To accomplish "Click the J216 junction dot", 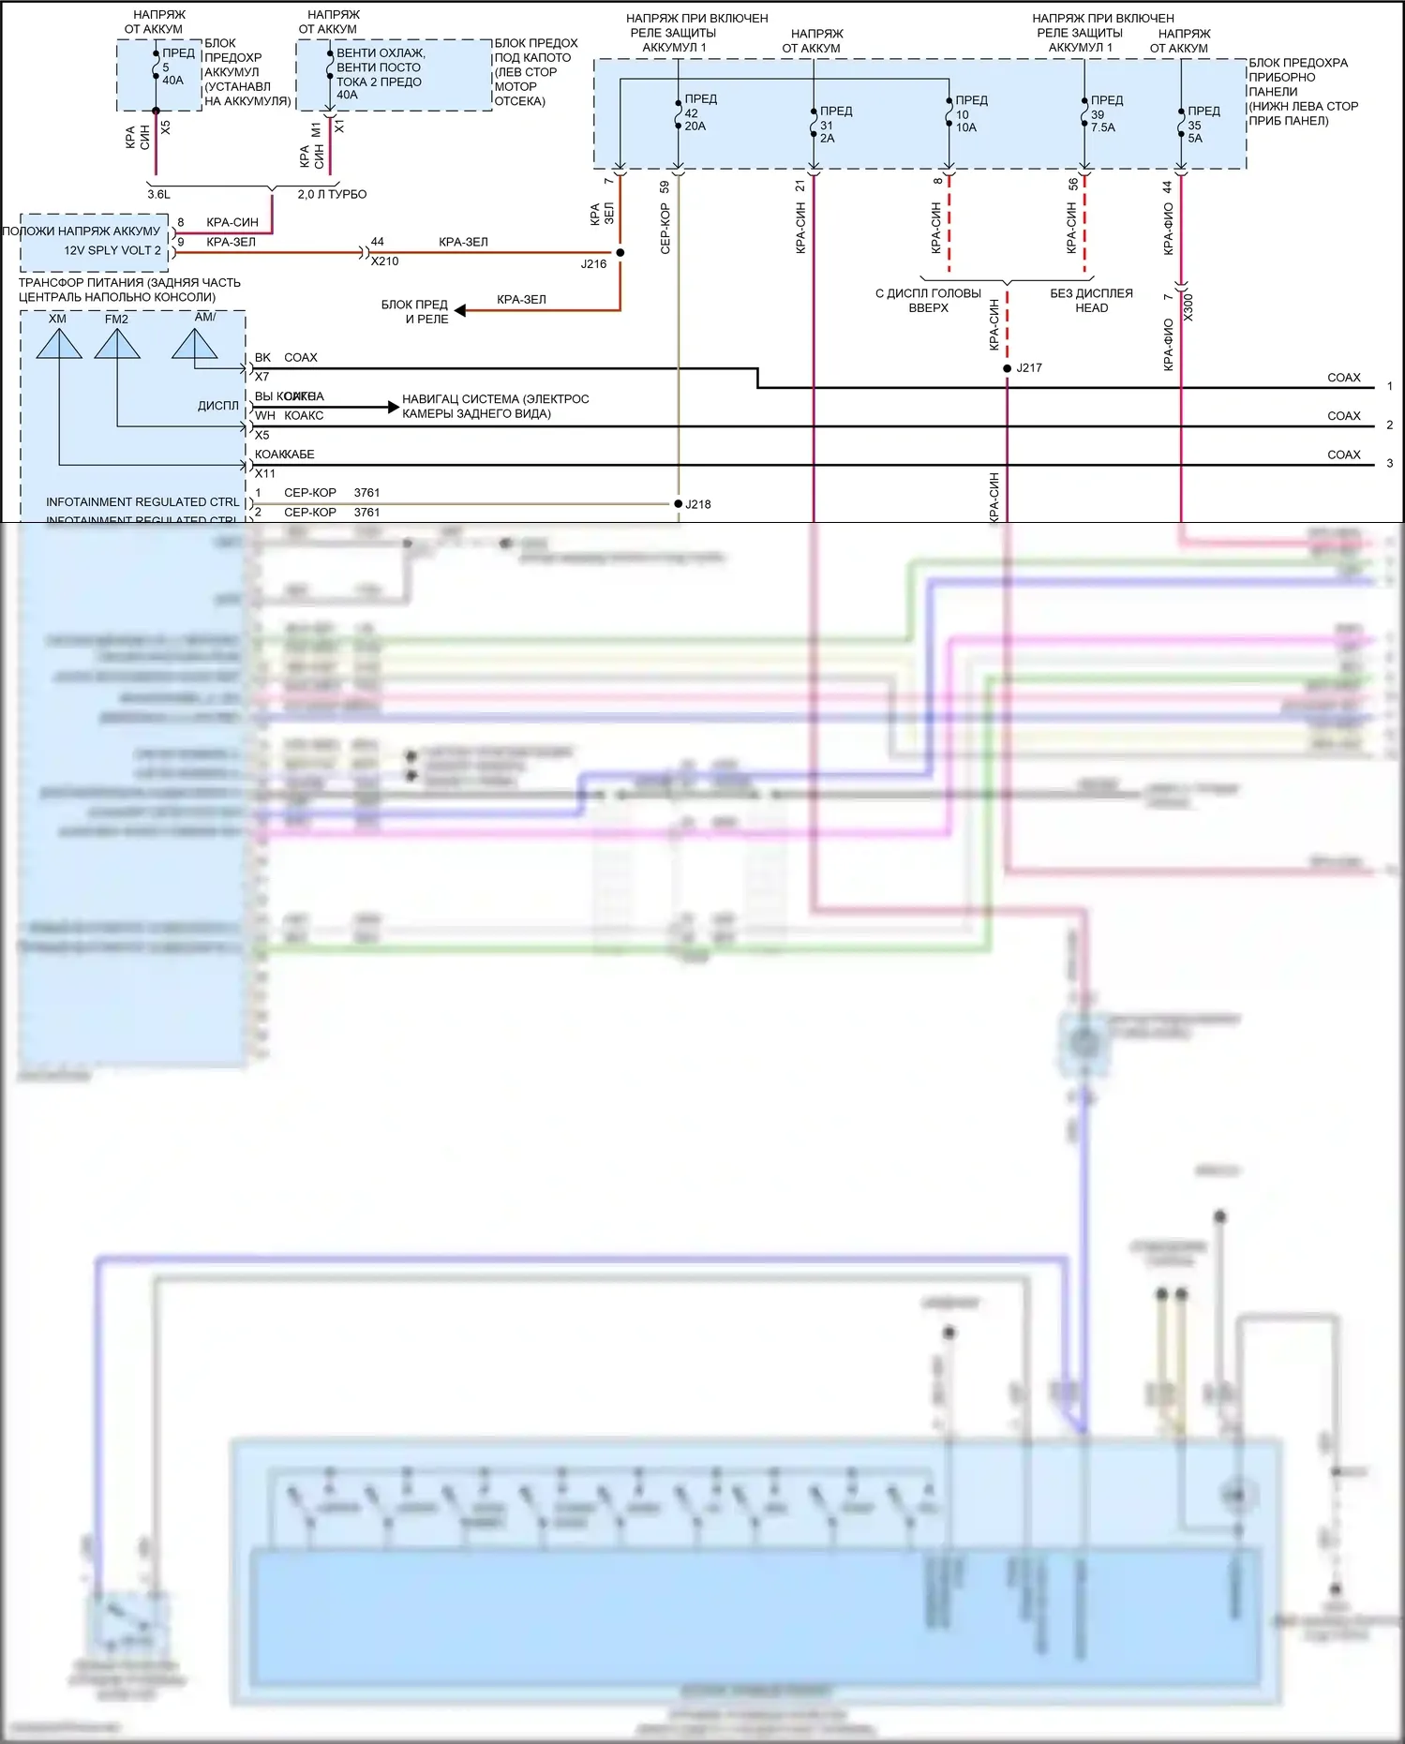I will click(620, 253).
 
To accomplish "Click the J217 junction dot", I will click(1007, 368).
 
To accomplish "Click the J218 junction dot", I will click(678, 504).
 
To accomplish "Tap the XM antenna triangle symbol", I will click(59, 344).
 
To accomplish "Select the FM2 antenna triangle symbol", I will click(117, 344).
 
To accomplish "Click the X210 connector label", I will click(384, 261).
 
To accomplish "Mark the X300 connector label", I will click(1188, 307).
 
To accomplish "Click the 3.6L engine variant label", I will click(158, 195).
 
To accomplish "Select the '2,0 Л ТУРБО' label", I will click(332, 195).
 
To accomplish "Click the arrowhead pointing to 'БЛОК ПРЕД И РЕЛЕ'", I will click(460, 310).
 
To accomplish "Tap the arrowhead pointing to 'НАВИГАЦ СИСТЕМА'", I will click(394, 407).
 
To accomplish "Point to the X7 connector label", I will click(262, 377).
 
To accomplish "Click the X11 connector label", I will click(265, 473).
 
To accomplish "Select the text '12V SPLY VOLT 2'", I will click(112, 251).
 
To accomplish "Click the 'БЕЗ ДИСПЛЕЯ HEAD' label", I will click(1091, 301).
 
